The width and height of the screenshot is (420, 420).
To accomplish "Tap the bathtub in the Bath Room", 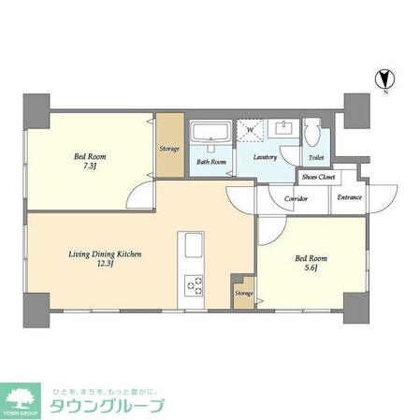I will point(210,137).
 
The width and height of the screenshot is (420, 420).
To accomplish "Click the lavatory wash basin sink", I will point(283,129).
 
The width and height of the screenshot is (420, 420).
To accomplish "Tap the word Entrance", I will point(349,197).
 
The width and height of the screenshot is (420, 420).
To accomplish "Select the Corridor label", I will point(297,197).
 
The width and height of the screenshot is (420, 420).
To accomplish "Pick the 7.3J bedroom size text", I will point(91,167).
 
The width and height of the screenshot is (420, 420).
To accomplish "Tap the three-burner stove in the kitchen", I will point(195,285).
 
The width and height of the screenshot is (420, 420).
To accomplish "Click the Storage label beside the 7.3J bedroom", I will point(169,148).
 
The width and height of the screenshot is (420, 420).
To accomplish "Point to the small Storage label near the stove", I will point(243,293).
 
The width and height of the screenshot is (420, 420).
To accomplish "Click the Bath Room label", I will point(210,161).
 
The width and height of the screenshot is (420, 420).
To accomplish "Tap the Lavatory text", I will point(265,157).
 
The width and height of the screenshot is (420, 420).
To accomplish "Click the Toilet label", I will point(316,157).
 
